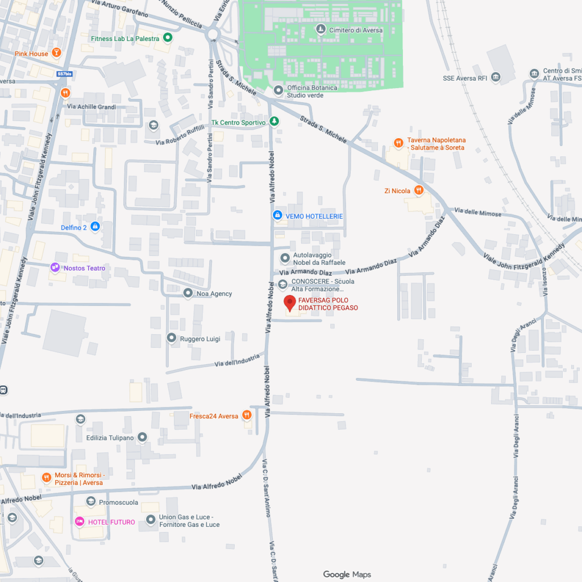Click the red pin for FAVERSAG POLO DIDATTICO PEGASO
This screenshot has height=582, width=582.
pyautogui.click(x=290, y=304)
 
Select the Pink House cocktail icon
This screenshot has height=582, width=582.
pyautogui.click(x=56, y=53)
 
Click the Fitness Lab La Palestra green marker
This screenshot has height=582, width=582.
pyautogui.click(x=167, y=39)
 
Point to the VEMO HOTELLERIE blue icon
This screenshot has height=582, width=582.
pyautogui.click(x=277, y=216)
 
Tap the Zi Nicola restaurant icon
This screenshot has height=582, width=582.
pyautogui.click(x=419, y=190)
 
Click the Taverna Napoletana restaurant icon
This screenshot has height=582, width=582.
pyautogui.click(x=400, y=143)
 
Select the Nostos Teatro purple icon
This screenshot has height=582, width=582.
pyautogui.click(x=55, y=268)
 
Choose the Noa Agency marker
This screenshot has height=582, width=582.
pyautogui.click(x=188, y=293)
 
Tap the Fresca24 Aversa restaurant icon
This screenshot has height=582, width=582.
pyautogui.click(x=247, y=415)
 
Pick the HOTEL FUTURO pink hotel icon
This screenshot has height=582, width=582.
pyautogui.click(x=80, y=522)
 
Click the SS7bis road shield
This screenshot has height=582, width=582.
pyautogui.click(x=64, y=74)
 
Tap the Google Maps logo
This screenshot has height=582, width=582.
pyautogui.click(x=347, y=575)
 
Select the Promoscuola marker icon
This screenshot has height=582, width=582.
pyautogui.click(x=91, y=502)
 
